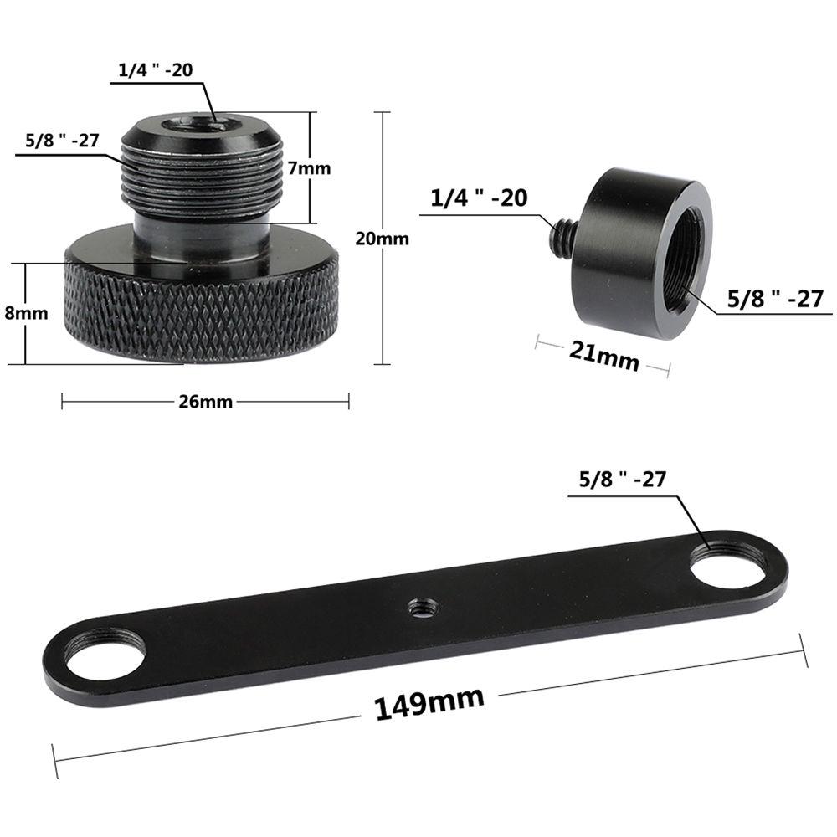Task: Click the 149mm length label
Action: pyautogui.click(x=429, y=701)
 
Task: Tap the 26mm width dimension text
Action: pyautogui.click(x=205, y=402)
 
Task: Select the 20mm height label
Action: pyautogui.click(x=382, y=239)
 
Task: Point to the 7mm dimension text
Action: pyautogui.click(x=309, y=168)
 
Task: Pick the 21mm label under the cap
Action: pyautogui.click(x=604, y=356)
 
